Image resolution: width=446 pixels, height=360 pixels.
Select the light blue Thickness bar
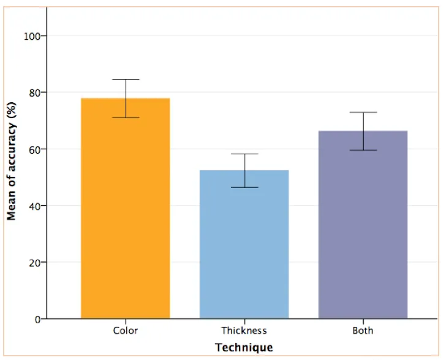coord(244,244)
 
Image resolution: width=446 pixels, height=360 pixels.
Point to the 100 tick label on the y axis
coord(31,36)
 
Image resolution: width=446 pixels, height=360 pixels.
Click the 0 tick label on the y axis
coord(37,319)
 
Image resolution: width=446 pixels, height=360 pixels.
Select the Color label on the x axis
coord(125,331)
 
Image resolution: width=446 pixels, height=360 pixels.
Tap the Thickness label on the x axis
coord(244,331)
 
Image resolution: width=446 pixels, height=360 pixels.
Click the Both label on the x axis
coord(363,331)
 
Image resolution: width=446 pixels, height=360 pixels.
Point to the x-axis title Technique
coord(244,348)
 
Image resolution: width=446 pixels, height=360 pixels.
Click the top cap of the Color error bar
coord(125,80)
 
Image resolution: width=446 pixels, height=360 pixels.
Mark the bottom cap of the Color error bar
coord(125,118)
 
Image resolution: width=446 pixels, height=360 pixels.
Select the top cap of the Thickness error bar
coord(244,154)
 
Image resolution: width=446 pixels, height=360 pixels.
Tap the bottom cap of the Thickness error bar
coord(244,187)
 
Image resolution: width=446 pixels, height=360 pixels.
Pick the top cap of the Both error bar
coord(363,113)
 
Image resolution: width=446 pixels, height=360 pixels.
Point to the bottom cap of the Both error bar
coord(363,150)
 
